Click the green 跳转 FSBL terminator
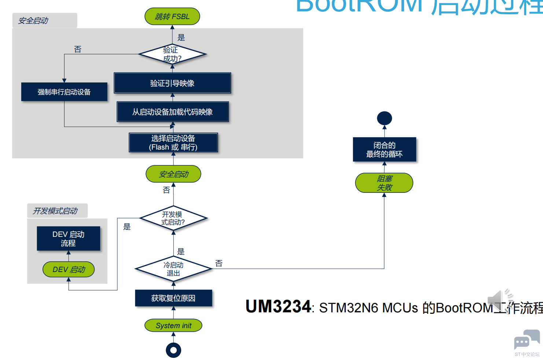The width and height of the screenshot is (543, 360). (x=172, y=16)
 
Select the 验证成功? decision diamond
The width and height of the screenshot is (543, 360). (x=172, y=54)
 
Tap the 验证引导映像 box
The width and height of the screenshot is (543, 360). (x=172, y=83)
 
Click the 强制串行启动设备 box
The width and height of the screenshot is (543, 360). (x=64, y=92)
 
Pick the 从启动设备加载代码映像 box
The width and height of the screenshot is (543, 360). (x=173, y=112)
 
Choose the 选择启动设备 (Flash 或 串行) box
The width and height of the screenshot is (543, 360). (x=173, y=143)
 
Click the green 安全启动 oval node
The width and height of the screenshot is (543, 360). (x=173, y=174)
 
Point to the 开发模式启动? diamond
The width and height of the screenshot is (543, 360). (x=173, y=218)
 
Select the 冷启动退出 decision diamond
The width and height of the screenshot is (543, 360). (x=173, y=269)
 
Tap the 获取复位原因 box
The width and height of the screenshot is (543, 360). (x=173, y=298)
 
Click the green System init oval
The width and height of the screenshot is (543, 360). (x=173, y=326)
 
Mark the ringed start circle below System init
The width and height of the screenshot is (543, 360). (x=173, y=350)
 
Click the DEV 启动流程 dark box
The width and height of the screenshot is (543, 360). (x=69, y=238)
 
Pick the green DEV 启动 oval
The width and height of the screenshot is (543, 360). (x=69, y=269)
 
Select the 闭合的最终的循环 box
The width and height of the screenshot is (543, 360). (x=384, y=150)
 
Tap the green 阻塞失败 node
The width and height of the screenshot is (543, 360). (x=384, y=183)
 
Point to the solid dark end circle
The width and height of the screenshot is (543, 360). (x=384, y=118)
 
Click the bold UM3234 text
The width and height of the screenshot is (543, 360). (x=278, y=306)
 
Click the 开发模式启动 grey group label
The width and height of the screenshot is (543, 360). (x=55, y=211)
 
